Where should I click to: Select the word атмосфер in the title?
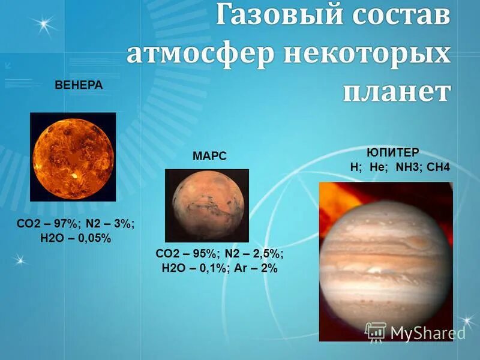194,56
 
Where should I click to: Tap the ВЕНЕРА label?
79,85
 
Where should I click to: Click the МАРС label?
209,156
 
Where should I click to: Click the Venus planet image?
73,157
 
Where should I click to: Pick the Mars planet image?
206,205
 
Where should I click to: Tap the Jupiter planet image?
386,261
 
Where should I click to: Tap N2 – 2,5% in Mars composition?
254,253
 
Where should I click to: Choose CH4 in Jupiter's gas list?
437,167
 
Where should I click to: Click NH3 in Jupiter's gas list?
404,167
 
